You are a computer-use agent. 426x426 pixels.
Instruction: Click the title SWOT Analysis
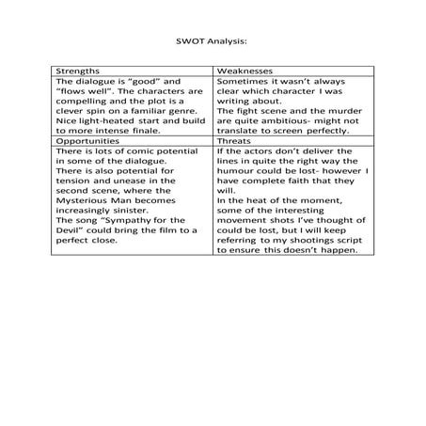click(x=212, y=41)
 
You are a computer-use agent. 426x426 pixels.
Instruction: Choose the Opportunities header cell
click(x=88, y=139)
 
